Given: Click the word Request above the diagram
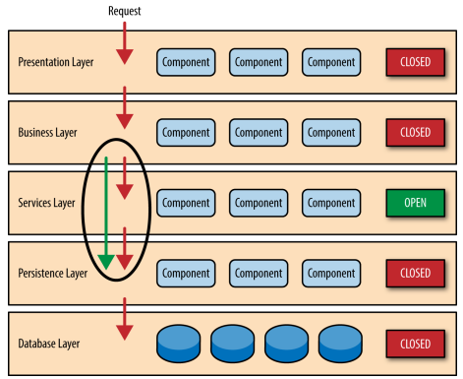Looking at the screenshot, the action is [125, 11].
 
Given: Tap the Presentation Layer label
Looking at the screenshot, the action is [56, 62].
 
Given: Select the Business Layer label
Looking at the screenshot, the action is [47, 133].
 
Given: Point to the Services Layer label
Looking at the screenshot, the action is [46, 203].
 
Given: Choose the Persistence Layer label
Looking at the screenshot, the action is [53, 273].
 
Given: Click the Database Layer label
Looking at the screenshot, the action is [49, 344].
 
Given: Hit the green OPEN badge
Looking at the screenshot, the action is [416, 203].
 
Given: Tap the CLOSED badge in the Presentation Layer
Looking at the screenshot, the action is [416, 62].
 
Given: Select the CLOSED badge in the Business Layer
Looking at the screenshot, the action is [416, 133].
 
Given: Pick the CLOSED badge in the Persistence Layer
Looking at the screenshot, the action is [416, 273].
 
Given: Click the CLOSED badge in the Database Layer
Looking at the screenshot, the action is [416, 344].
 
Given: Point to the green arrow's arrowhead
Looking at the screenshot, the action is [106, 262].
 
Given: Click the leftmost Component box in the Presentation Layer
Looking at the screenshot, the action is [186, 62].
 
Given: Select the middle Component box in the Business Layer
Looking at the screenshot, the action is [259, 133].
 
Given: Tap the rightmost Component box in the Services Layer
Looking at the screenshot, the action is [331, 203].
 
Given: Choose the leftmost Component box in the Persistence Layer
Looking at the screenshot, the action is [186, 274].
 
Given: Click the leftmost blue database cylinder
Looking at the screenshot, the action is [179, 344].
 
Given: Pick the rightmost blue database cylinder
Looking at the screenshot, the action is [340, 344].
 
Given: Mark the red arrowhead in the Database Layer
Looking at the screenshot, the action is [125, 332].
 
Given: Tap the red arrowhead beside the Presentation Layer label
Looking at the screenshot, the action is [125, 57].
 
